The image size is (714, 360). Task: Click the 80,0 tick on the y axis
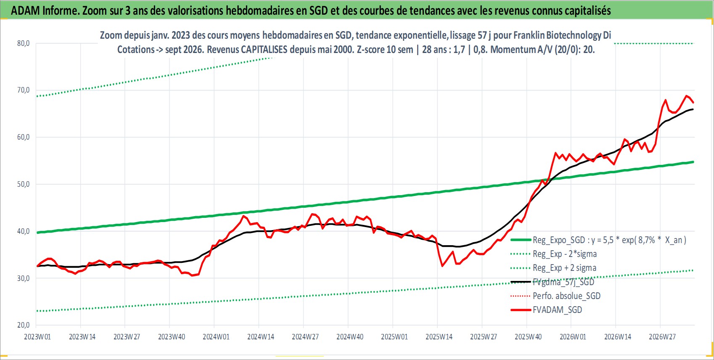[x=23, y=43]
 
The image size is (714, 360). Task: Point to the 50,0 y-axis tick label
[x=23, y=184]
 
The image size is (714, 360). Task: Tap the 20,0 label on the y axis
[x=23, y=325]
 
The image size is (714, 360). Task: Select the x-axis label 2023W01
[x=37, y=337]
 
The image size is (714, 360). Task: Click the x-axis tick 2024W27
[x=305, y=337]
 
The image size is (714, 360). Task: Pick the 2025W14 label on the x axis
[x=439, y=337]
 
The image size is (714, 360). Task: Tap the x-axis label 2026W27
[x=662, y=337]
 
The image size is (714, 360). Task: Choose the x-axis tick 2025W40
[x=528, y=337]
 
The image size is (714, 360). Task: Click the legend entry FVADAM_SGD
[x=557, y=310]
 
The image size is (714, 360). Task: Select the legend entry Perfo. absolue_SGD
[x=566, y=296]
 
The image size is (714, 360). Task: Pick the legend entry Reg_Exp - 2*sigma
[x=564, y=254]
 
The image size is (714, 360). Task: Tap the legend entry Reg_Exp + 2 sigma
[x=564, y=268]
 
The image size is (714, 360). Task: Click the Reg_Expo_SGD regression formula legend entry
[x=609, y=240]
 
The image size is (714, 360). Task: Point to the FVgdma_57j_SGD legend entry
[x=563, y=282]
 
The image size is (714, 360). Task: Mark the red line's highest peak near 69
[x=686, y=95]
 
